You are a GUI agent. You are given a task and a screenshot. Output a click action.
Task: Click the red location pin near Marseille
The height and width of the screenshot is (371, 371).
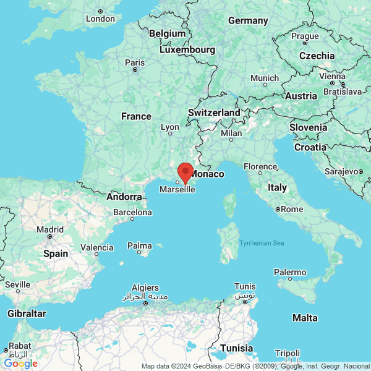click(185, 171)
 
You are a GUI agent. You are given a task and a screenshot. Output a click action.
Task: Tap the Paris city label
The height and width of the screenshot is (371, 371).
click(134, 62)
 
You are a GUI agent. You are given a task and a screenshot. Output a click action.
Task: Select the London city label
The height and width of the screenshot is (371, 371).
click(100, 19)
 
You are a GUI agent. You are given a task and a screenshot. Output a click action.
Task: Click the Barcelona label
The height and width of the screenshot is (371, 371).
click(132, 212)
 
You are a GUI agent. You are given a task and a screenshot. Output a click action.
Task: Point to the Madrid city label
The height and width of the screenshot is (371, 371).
click(49, 229)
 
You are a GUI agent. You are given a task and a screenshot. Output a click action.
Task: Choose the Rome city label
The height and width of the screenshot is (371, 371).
click(291, 209)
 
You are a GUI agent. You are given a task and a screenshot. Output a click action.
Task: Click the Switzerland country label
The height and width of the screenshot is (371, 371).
click(214, 113)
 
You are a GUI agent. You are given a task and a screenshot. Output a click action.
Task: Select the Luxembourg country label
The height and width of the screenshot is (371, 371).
click(187, 49)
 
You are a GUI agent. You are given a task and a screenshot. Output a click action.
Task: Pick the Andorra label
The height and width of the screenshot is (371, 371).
click(124, 197)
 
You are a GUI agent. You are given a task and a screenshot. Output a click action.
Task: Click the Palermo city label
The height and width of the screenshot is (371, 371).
click(290, 272)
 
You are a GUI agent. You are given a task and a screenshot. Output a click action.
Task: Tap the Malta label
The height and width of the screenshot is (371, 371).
click(305, 318)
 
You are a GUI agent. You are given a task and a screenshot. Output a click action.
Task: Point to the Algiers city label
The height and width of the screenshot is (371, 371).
click(145, 288)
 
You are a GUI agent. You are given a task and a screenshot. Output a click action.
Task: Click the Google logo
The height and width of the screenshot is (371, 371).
click(20, 364)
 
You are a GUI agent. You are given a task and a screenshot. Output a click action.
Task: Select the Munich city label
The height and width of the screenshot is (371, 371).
click(265, 79)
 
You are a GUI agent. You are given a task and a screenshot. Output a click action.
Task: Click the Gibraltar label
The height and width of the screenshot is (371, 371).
click(27, 313)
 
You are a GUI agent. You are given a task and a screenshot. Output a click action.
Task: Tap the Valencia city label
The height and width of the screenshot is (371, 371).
click(97, 247)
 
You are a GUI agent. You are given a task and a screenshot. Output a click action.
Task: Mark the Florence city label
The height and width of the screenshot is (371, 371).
click(260, 167)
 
